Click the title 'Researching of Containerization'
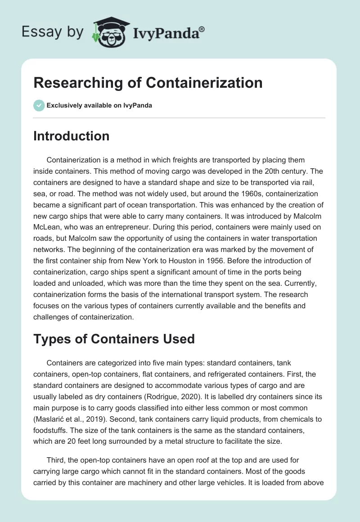click(x=148, y=83)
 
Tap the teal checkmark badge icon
click(x=39, y=105)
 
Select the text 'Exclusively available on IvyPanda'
click(x=99, y=106)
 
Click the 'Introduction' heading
click(x=71, y=136)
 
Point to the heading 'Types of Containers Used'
click(x=114, y=338)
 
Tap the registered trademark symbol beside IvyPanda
click(x=202, y=29)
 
